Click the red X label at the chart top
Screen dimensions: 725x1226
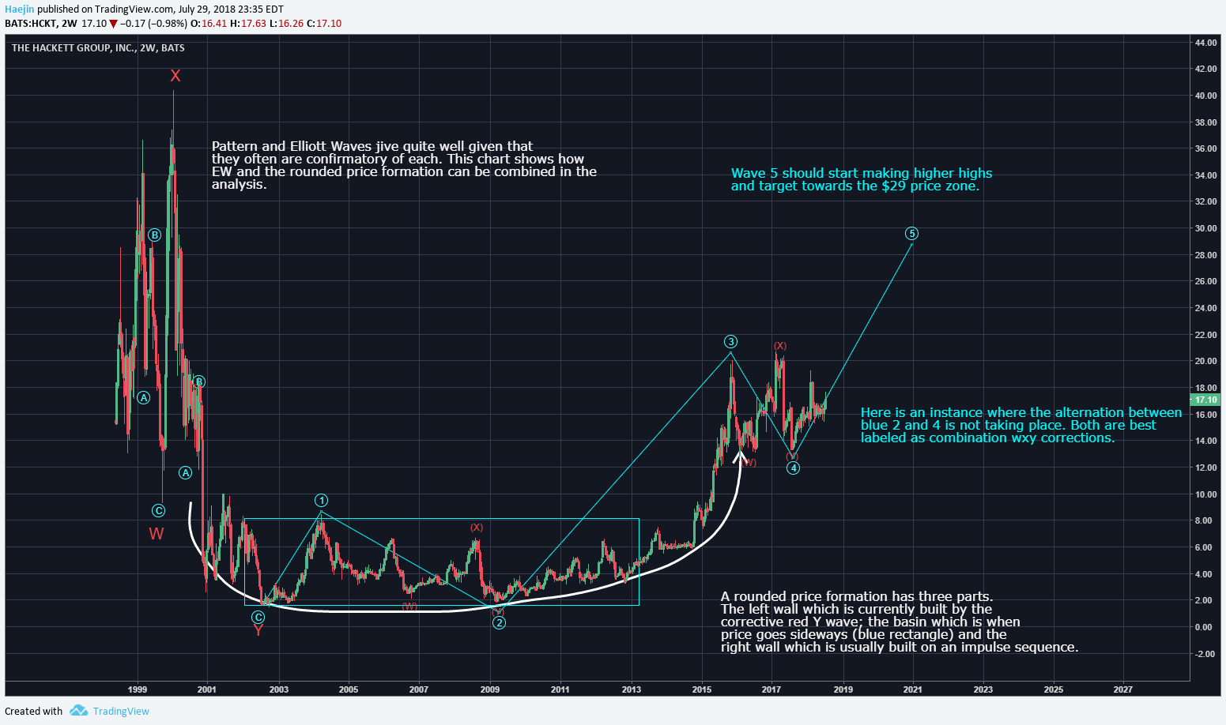point(175,76)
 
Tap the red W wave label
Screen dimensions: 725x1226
point(157,534)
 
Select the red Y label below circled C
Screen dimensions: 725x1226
point(258,630)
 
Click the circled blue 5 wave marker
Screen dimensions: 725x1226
point(912,234)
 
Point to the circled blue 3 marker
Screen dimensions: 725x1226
point(731,342)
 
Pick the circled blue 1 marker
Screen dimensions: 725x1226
point(321,501)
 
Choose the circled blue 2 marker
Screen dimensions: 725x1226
point(499,623)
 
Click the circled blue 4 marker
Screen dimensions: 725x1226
point(793,468)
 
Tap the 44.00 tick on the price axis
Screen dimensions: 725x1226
point(1205,43)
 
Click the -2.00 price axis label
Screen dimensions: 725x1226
point(1205,654)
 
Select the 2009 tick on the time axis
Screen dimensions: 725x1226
point(490,689)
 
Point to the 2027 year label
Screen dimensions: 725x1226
point(1122,689)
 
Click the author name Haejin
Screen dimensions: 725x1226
point(19,9)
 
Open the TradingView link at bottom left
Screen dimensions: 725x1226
point(120,711)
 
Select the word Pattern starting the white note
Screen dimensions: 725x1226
point(235,147)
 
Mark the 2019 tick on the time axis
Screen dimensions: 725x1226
point(843,689)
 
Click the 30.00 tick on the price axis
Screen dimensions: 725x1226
point(1205,229)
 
